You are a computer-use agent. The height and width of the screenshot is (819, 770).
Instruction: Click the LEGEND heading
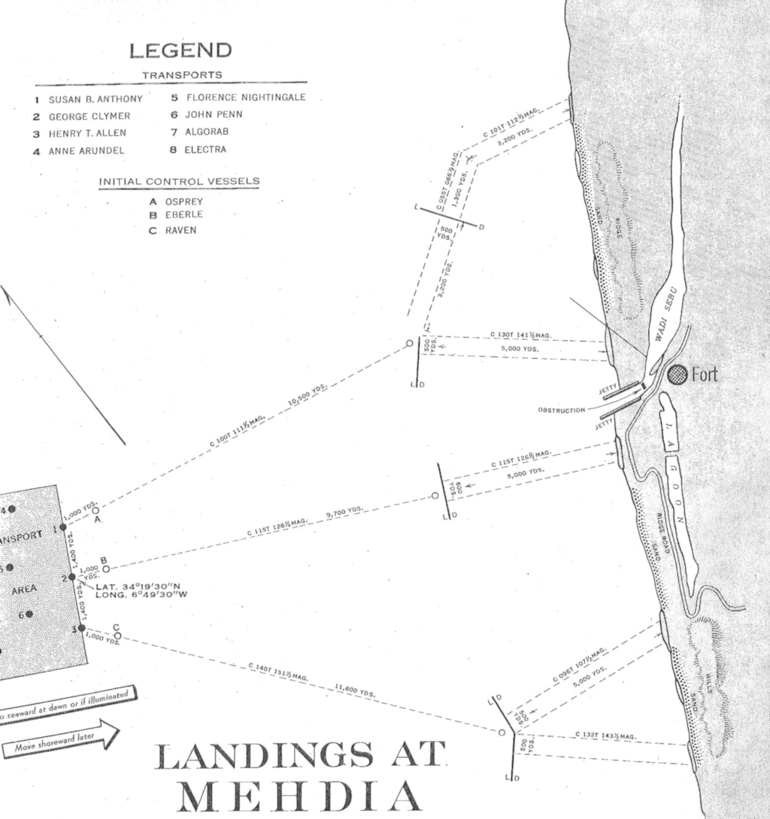[180, 51]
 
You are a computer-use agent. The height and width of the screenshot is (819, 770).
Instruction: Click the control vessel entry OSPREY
[184, 202]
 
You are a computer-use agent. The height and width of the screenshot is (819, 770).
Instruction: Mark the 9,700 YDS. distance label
[345, 513]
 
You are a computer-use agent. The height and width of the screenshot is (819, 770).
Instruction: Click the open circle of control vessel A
[95, 510]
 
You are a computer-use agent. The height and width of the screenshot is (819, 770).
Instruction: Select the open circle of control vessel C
[117, 635]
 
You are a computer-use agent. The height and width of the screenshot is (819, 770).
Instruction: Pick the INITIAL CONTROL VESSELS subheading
[179, 181]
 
